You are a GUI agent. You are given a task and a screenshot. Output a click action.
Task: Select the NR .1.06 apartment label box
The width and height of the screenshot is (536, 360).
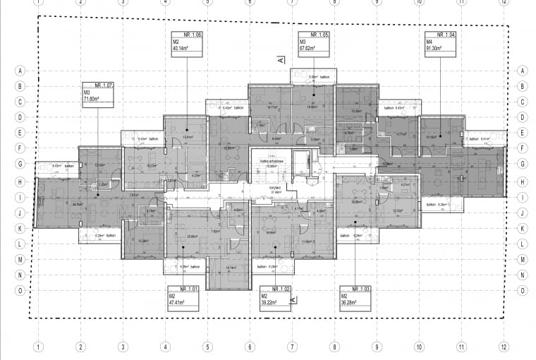(186, 44)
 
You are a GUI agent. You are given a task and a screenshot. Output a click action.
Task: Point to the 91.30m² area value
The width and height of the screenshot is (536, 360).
(434, 49)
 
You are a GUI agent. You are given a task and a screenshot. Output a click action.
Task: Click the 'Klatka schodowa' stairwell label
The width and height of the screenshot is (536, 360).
(272, 161)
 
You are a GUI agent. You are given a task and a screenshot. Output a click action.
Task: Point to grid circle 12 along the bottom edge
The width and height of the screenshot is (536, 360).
(503, 347)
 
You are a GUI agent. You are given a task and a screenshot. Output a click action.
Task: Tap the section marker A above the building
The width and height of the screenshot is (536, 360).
(280, 61)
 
